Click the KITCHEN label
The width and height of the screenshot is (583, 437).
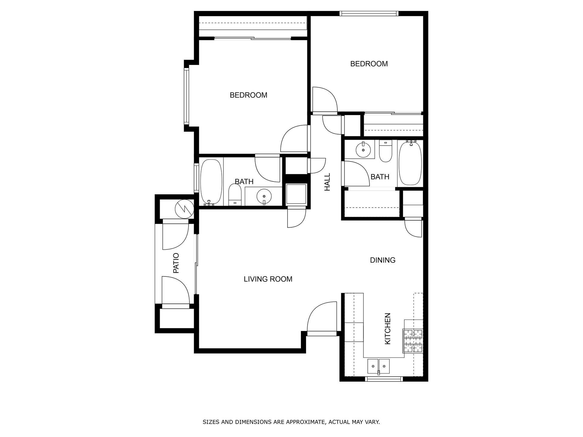(388, 329)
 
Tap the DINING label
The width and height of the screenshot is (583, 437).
(383, 260)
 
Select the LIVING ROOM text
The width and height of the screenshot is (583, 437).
(268, 279)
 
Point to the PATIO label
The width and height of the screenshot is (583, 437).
(176, 263)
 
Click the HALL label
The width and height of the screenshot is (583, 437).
(327, 182)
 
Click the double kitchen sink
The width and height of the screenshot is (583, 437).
(378, 366)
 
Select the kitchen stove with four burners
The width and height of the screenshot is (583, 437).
(413, 341)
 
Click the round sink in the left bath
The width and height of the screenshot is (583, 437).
(264, 197)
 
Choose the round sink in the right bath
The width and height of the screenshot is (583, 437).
(363, 150)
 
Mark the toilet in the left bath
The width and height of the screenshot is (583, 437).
(235, 195)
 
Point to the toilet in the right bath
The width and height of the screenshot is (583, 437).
(386, 152)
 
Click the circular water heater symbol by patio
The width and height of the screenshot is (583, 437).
(184, 209)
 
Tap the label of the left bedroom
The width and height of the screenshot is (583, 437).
(248, 95)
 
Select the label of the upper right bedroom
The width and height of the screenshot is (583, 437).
(369, 64)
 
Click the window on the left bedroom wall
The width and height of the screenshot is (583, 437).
(186, 96)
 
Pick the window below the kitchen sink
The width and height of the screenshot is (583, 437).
(384, 379)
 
